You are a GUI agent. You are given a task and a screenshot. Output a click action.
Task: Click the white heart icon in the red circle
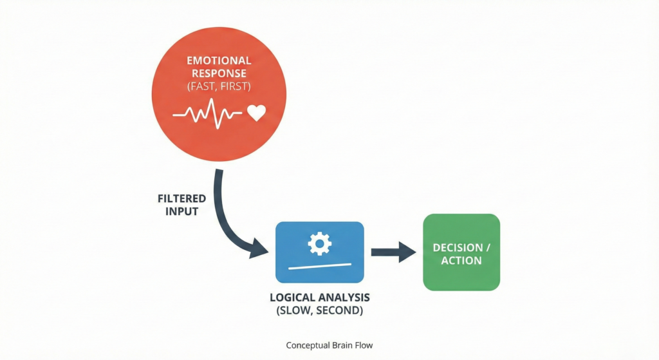point(256,113)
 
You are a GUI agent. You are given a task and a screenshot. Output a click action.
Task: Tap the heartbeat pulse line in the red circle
point(207,114)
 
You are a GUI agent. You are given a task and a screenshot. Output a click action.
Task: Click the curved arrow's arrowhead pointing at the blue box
point(259,249)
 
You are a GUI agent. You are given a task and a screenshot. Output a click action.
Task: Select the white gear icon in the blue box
point(320,243)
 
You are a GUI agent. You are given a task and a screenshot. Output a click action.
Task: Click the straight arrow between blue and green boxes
point(394,251)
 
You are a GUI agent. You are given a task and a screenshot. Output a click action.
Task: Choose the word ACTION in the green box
point(461,260)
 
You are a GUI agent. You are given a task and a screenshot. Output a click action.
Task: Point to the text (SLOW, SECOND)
point(320,311)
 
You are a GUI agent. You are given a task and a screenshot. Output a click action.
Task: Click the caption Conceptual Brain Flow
point(329,345)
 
